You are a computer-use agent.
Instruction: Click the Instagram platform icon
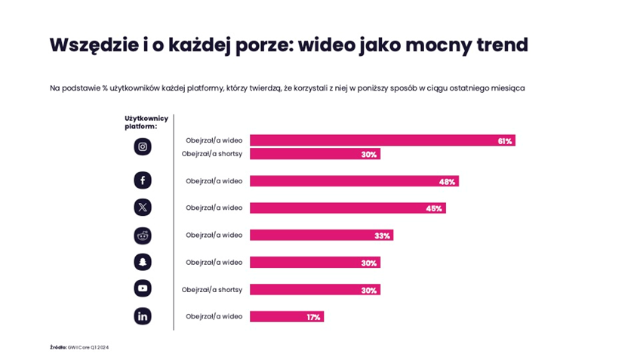click(x=143, y=146)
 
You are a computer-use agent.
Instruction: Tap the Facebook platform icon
click(x=143, y=180)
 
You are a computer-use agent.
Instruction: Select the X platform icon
click(x=143, y=208)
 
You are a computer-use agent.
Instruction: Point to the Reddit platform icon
click(x=143, y=235)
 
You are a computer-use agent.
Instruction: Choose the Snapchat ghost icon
click(x=143, y=262)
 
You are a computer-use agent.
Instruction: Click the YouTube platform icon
click(x=143, y=288)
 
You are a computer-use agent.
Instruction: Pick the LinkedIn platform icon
click(x=143, y=316)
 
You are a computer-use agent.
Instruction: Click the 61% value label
click(x=505, y=141)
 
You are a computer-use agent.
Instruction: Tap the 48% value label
click(x=447, y=181)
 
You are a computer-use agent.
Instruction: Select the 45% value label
click(x=434, y=208)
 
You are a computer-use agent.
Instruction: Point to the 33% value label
click(x=382, y=235)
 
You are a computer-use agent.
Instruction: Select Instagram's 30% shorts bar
click(x=315, y=154)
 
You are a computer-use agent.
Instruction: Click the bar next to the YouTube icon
click(x=315, y=290)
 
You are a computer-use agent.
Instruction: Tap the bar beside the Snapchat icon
click(x=315, y=263)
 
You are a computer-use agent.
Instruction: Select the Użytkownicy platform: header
click(x=146, y=122)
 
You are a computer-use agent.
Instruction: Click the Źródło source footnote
click(x=79, y=347)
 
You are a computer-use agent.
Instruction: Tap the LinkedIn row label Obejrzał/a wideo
click(x=214, y=317)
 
